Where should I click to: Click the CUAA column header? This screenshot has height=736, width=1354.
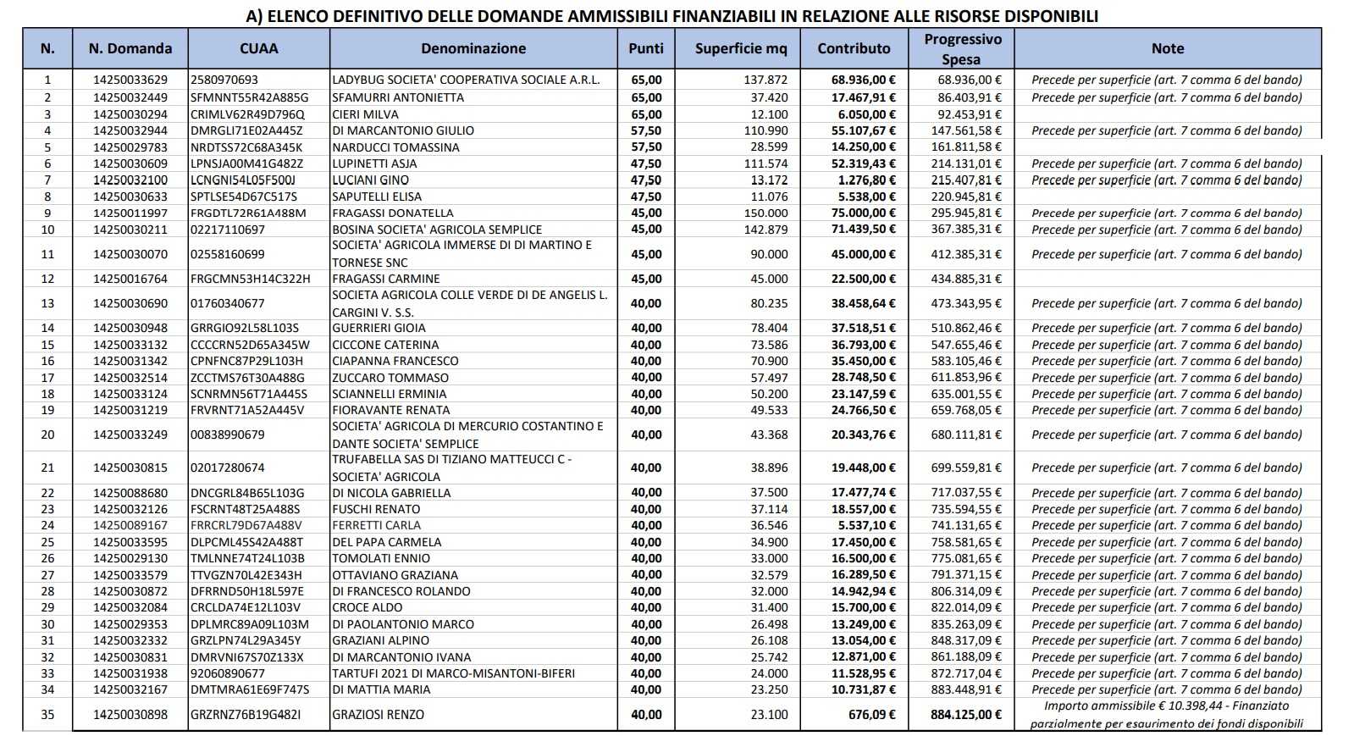258,49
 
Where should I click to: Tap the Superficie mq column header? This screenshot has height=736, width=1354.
740,49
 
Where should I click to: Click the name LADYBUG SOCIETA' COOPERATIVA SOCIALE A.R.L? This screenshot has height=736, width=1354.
466,80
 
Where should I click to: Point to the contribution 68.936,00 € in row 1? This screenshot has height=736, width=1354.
863,80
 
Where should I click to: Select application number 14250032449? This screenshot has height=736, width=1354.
130,97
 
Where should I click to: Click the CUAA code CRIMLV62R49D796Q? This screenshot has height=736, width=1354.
247,114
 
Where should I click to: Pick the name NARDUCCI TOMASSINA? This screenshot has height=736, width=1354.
395,147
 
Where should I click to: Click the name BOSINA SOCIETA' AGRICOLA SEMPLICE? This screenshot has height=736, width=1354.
437,230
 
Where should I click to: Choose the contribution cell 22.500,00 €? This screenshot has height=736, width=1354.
863,279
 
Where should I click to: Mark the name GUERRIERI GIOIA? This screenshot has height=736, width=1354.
379,328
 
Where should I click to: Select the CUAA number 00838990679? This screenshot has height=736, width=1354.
228,435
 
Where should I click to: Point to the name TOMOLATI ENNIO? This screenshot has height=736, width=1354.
381,559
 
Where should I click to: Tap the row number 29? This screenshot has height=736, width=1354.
47,608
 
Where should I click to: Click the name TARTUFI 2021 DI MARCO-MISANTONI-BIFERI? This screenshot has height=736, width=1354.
453,674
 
